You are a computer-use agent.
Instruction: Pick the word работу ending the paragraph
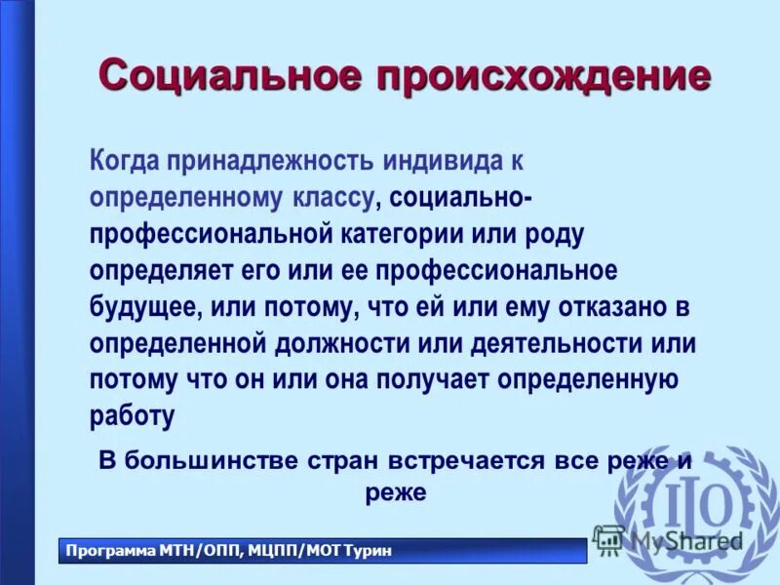click(x=133, y=416)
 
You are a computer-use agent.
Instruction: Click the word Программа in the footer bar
click(x=108, y=552)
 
